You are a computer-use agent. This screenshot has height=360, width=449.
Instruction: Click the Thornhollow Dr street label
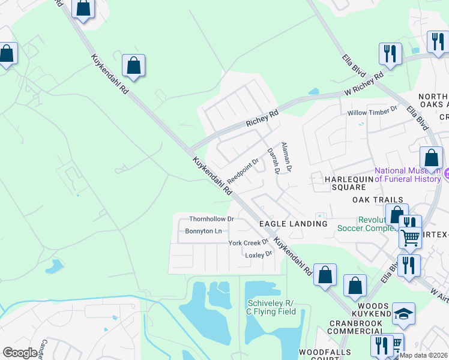click(211, 220)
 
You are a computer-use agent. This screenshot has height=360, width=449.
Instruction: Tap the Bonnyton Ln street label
click(203, 231)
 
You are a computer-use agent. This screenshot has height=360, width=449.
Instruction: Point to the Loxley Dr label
click(259, 254)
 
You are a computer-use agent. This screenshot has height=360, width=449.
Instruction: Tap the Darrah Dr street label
click(274, 161)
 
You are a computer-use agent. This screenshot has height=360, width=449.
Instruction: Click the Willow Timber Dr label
click(373, 111)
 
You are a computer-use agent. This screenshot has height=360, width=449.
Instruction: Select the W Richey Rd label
click(364, 85)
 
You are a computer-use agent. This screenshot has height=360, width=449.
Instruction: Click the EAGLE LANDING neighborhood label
click(293, 224)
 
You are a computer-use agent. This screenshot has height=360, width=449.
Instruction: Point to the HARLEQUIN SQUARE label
click(345, 183)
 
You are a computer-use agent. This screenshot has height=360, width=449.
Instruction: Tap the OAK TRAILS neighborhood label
click(378, 200)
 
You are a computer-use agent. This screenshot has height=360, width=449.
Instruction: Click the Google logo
click(20, 353)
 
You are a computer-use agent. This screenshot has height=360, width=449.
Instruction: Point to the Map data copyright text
click(424, 355)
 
